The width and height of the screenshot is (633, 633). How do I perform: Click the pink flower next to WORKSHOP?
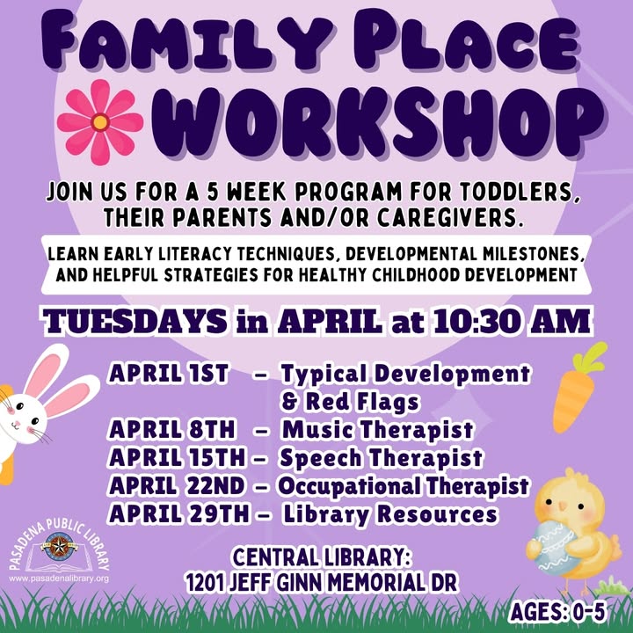[100, 122]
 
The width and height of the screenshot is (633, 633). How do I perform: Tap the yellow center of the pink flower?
[100, 122]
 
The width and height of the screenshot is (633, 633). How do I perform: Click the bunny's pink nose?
[18, 423]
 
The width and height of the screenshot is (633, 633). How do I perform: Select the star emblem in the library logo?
[59, 547]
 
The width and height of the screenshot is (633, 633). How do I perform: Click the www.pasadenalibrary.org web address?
[59, 578]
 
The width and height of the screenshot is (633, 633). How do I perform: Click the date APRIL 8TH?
[171, 429]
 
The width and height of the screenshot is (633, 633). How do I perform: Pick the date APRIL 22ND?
[177, 485]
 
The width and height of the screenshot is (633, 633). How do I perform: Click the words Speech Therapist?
[381, 458]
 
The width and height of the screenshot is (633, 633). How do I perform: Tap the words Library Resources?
[390, 514]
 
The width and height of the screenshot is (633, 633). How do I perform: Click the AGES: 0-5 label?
[558, 612]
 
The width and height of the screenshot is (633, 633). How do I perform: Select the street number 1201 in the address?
[205, 583]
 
